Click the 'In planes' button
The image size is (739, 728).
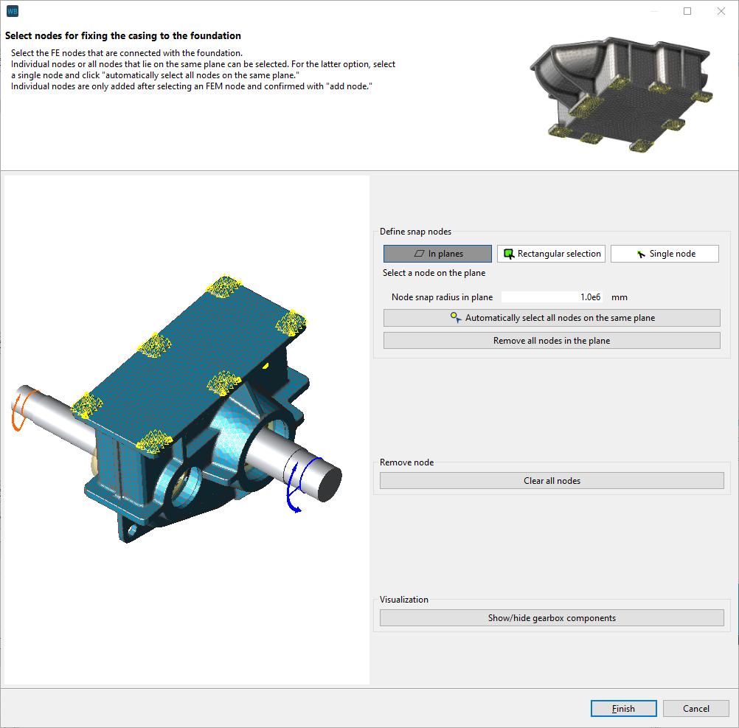(437, 254)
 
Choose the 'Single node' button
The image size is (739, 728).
(665, 254)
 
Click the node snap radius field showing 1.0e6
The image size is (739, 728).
(552, 297)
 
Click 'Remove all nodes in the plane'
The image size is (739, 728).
(552, 341)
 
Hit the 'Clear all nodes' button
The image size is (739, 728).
(552, 481)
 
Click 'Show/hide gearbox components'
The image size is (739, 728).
(552, 618)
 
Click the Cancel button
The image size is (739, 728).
(695, 709)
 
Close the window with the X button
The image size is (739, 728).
(721, 11)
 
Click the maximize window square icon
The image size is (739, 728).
(687, 11)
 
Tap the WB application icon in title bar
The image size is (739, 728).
(12, 11)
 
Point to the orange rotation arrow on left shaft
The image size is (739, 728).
(18, 412)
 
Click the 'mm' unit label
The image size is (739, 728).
(619, 297)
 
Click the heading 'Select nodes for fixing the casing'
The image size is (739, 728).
(123, 36)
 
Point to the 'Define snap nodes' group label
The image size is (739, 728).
(415, 232)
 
